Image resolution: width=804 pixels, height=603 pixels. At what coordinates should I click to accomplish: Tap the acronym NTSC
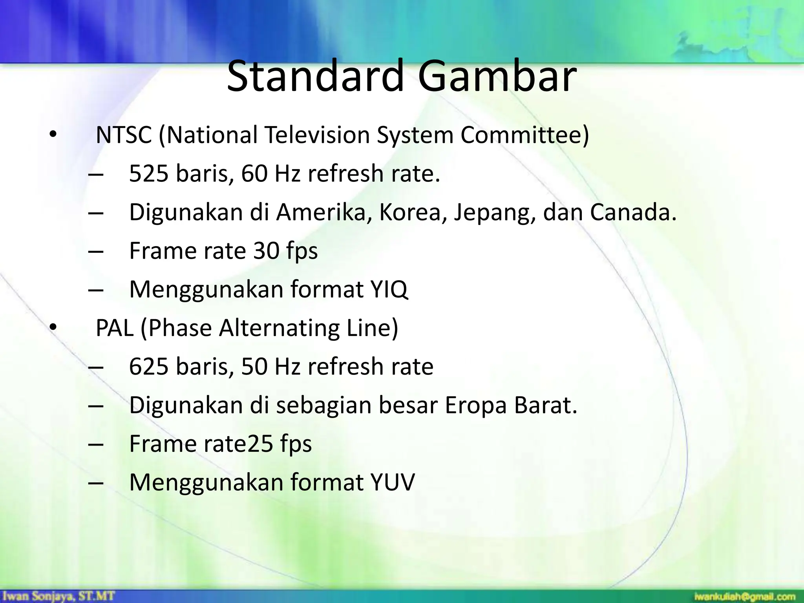pyautogui.click(x=124, y=135)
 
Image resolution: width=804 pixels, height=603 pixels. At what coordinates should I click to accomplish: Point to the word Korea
pyautogui.click(x=413, y=212)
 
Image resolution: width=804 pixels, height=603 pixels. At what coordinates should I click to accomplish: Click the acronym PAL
pyautogui.click(x=114, y=328)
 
